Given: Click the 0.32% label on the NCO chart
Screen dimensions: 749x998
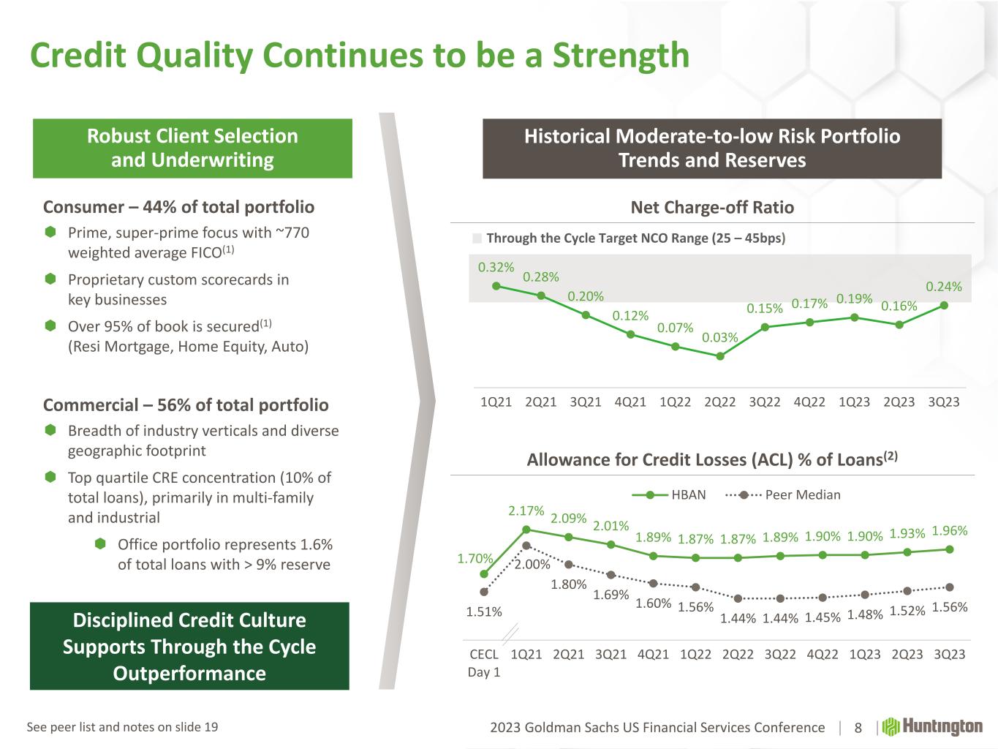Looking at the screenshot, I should (x=496, y=268).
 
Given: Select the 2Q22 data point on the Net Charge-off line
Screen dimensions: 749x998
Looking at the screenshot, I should (x=720, y=356).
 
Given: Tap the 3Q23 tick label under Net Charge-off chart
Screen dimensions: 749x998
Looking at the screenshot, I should (x=943, y=402).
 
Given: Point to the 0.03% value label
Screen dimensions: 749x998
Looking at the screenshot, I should (x=719, y=338).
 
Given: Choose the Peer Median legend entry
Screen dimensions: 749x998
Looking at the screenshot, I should (x=783, y=495).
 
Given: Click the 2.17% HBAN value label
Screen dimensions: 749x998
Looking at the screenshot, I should (x=526, y=511).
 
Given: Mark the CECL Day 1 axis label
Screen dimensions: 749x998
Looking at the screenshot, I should (x=484, y=663).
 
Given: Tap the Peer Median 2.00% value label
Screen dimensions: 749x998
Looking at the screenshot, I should (x=532, y=565).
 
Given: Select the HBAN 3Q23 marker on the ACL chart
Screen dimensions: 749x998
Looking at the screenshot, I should (x=949, y=549).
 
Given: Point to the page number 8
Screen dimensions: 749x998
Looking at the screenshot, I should (x=858, y=728).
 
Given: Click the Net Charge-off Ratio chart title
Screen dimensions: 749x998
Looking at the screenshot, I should (x=712, y=208).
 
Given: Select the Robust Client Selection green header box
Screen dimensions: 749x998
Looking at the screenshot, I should (x=192, y=148).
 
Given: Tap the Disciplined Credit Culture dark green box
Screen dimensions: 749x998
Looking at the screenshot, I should (x=189, y=647).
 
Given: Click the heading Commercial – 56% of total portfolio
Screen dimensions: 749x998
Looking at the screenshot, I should (x=186, y=405).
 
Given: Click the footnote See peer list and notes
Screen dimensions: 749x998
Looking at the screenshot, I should (x=122, y=727).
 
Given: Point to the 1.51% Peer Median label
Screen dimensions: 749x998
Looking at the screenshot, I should (x=484, y=611).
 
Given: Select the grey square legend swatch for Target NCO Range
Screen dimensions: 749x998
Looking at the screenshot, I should (x=477, y=238).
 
